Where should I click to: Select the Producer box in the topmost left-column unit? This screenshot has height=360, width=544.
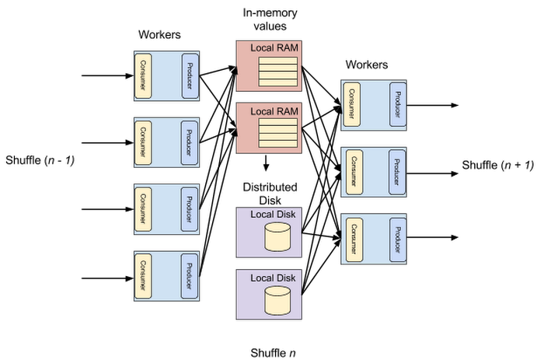(190, 75)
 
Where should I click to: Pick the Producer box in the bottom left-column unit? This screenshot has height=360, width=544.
(190, 275)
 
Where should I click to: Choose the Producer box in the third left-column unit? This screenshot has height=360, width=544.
(190, 208)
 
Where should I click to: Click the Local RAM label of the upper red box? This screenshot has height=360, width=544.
(274, 48)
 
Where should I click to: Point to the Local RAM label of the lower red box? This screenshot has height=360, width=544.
(274, 112)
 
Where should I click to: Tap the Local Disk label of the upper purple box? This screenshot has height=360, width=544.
(273, 214)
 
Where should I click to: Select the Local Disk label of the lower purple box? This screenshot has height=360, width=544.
(273, 278)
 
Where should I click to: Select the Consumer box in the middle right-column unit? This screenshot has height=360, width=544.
(352, 171)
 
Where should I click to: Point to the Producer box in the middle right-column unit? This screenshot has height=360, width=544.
(397, 171)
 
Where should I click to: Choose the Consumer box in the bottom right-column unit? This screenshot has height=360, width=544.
(352, 239)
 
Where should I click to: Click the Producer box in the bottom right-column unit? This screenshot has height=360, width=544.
(397, 239)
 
